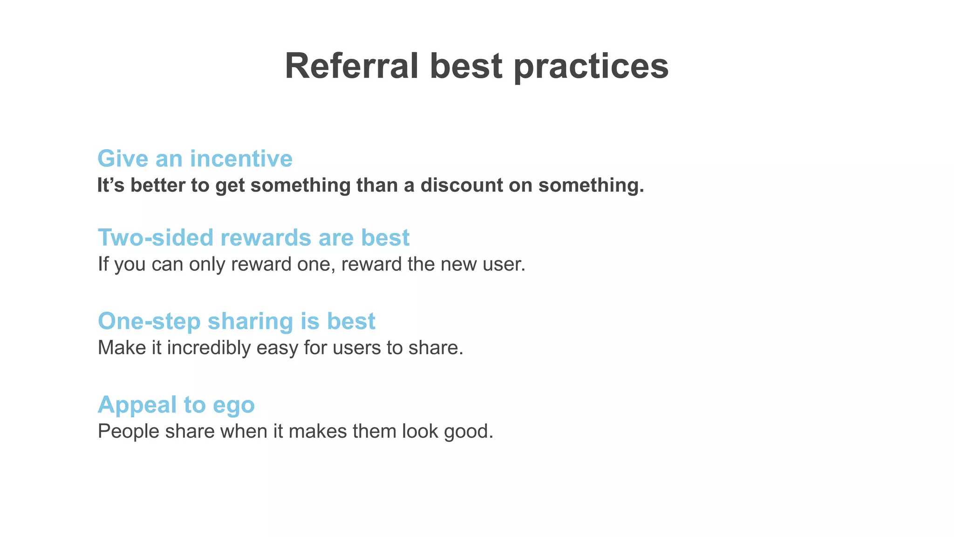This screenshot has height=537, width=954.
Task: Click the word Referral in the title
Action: [352, 66]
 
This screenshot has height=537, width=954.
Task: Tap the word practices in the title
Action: [591, 66]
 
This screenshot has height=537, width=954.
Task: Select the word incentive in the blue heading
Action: [241, 158]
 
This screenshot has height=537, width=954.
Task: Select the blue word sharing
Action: [250, 321]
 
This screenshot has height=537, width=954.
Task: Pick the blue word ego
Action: [234, 405]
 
